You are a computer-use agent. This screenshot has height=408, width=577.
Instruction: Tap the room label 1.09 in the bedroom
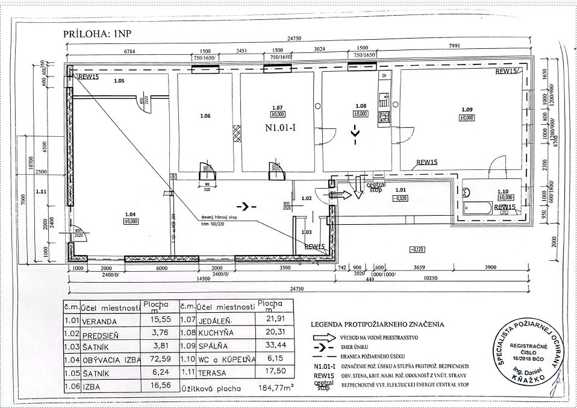pos(466,109)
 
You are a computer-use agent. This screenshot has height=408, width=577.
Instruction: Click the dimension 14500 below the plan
pos(202,279)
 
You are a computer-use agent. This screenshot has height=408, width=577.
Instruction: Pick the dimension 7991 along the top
pos(462,51)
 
